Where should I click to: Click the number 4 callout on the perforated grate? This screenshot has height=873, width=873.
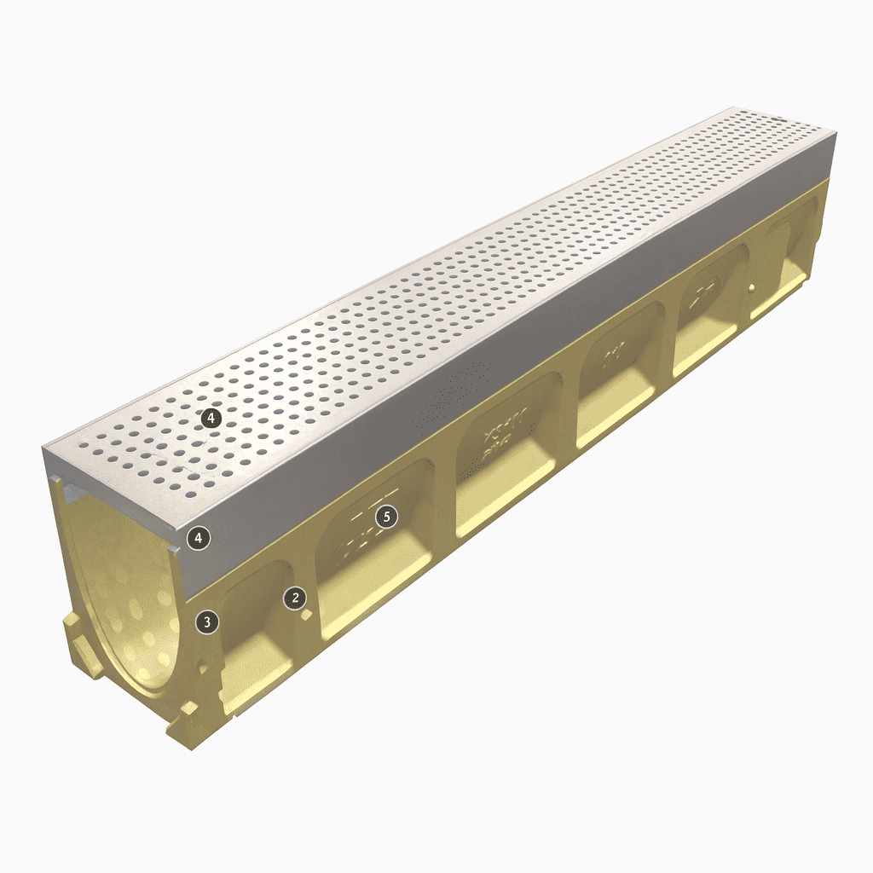pos(211,418)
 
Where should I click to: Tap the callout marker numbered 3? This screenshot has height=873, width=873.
pos(206,622)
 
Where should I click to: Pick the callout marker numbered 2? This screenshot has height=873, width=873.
pos(295,598)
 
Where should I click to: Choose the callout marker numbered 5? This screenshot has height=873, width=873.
pos(387,517)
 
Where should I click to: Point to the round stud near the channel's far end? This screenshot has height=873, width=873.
pos(753,289)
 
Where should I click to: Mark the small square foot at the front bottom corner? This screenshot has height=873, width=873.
pos(189,709)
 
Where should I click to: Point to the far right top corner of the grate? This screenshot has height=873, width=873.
pos(834,135)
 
